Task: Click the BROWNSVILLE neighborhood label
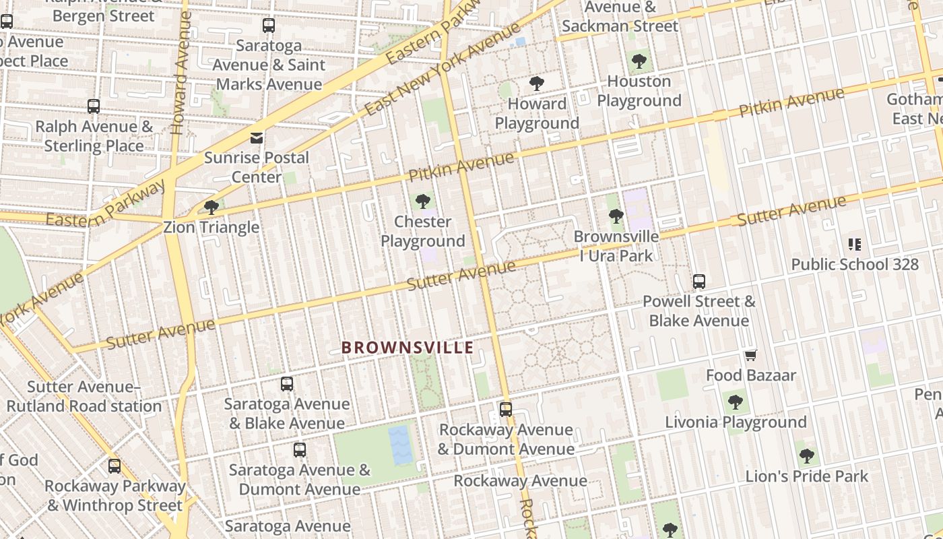tap(408, 348)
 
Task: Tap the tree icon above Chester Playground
tap(423, 201)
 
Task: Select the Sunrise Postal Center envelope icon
tap(257, 138)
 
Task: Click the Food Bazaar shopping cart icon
tap(750, 355)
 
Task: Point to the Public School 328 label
tap(855, 264)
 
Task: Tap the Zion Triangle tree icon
tap(211, 207)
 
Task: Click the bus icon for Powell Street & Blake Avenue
tap(699, 282)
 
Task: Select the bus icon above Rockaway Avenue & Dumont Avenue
tap(505, 409)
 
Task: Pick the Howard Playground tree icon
tap(537, 84)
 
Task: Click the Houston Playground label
tap(639, 91)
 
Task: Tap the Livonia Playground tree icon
tap(736, 402)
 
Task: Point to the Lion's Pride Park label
tap(806, 476)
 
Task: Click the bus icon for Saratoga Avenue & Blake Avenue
tap(287, 384)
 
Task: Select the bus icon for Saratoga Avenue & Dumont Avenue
tap(300, 449)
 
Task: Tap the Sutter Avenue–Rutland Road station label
tap(84, 397)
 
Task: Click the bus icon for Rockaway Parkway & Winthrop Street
tap(115, 466)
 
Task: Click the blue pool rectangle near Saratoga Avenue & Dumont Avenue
tap(400, 445)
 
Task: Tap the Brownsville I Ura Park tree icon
tap(616, 216)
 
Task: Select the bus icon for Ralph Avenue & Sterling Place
tap(94, 106)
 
